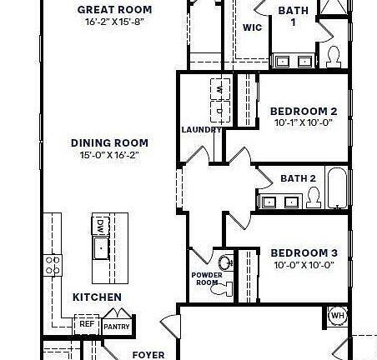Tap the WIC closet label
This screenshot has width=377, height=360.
[x=253, y=27]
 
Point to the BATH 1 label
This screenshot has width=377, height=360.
[x=292, y=16]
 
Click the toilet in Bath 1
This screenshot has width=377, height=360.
[x=334, y=57]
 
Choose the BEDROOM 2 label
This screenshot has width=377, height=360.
[x=303, y=111]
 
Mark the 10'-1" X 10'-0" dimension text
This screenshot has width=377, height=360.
[x=303, y=123]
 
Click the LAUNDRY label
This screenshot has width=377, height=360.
[x=200, y=129]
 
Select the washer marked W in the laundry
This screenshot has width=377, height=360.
[x=219, y=89]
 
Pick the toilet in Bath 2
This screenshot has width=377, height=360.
[x=314, y=196]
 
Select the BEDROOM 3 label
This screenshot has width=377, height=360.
[x=303, y=252]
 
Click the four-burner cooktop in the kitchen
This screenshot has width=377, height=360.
[x=53, y=266]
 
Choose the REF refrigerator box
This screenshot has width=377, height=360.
[x=86, y=325]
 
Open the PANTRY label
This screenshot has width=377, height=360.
[x=116, y=327]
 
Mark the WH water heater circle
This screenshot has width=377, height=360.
[x=337, y=315]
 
